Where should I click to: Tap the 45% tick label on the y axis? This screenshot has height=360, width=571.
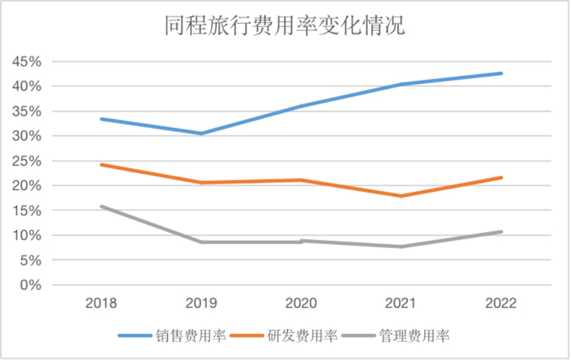point(24,62)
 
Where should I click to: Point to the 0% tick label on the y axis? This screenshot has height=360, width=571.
point(29,286)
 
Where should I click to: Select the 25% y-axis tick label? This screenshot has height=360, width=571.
point(24,162)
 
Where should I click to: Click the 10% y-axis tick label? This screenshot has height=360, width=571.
point(24,236)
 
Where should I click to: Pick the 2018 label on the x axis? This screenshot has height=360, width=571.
point(100,304)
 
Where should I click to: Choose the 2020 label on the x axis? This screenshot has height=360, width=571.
point(302,304)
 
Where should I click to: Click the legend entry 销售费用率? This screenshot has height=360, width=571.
point(197,336)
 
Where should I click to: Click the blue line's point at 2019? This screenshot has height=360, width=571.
point(201,133)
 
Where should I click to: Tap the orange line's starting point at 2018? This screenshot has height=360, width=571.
point(100,165)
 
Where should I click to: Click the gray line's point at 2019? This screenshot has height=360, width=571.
point(201,242)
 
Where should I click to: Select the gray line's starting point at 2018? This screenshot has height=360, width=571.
point(100,207)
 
